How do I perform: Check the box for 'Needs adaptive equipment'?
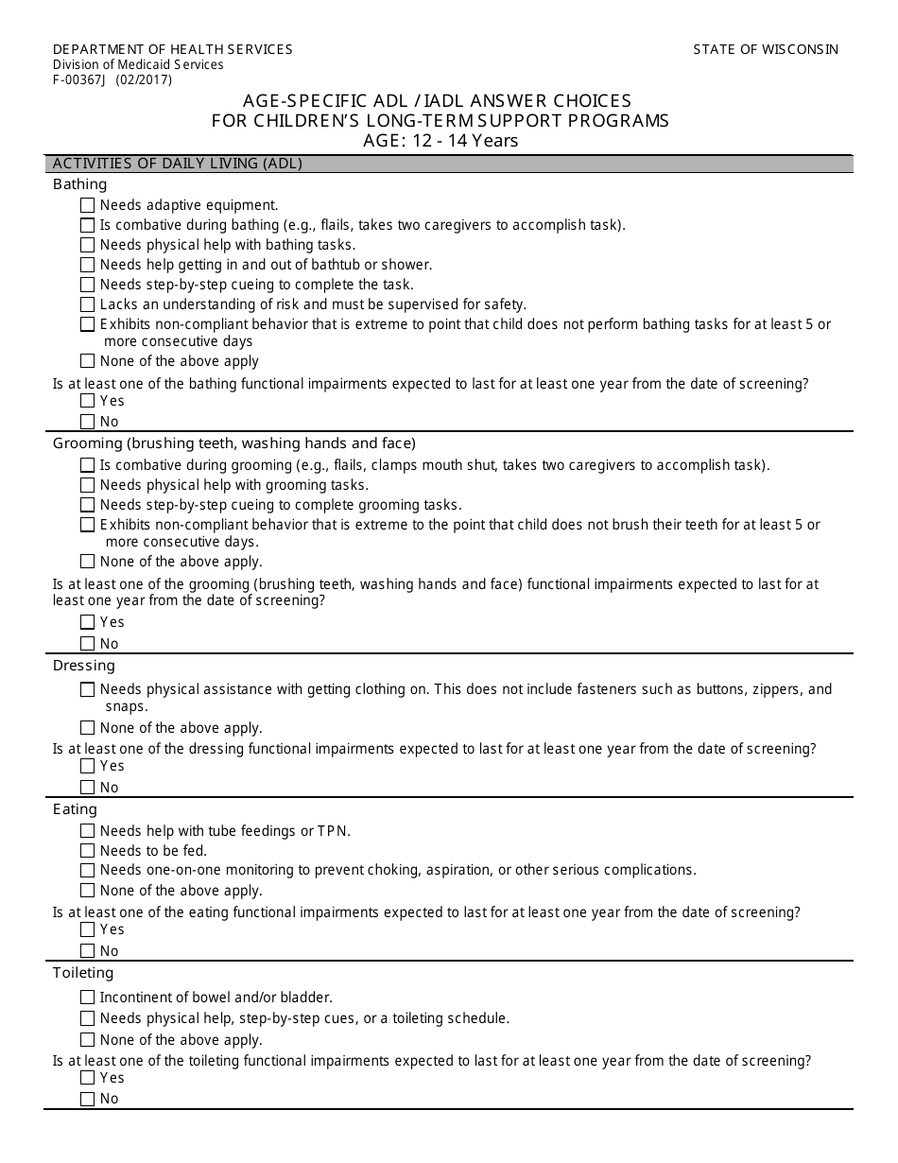coord(88,205)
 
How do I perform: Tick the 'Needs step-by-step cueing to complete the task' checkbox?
coord(88,285)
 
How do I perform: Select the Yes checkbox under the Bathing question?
coord(88,401)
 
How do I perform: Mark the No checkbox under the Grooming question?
coord(88,644)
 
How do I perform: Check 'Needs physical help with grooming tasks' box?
coord(88,485)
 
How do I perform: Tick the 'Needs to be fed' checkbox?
coord(88,851)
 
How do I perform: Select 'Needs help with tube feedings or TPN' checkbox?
coord(88,831)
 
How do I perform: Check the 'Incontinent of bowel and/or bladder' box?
coord(88,998)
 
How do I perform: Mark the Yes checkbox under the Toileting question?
coord(88,1078)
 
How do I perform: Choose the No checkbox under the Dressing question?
coord(88,788)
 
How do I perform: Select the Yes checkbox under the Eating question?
coord(88,929)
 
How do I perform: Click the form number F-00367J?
coord(80,80)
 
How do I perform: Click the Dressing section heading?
coord(83,666)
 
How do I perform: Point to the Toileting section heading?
coord(83,973)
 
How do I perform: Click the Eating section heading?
coord(75,809)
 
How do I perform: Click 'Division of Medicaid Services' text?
coord(138,65)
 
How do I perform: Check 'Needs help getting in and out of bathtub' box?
coord(88,265)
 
